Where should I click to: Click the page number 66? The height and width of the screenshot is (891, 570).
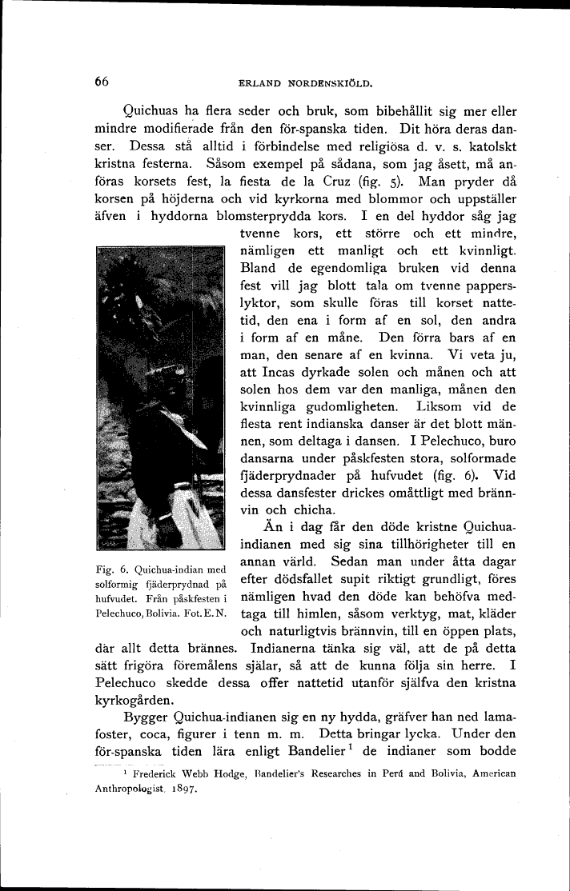click(101, 81)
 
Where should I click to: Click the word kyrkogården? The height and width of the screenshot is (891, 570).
click(134, 699)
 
